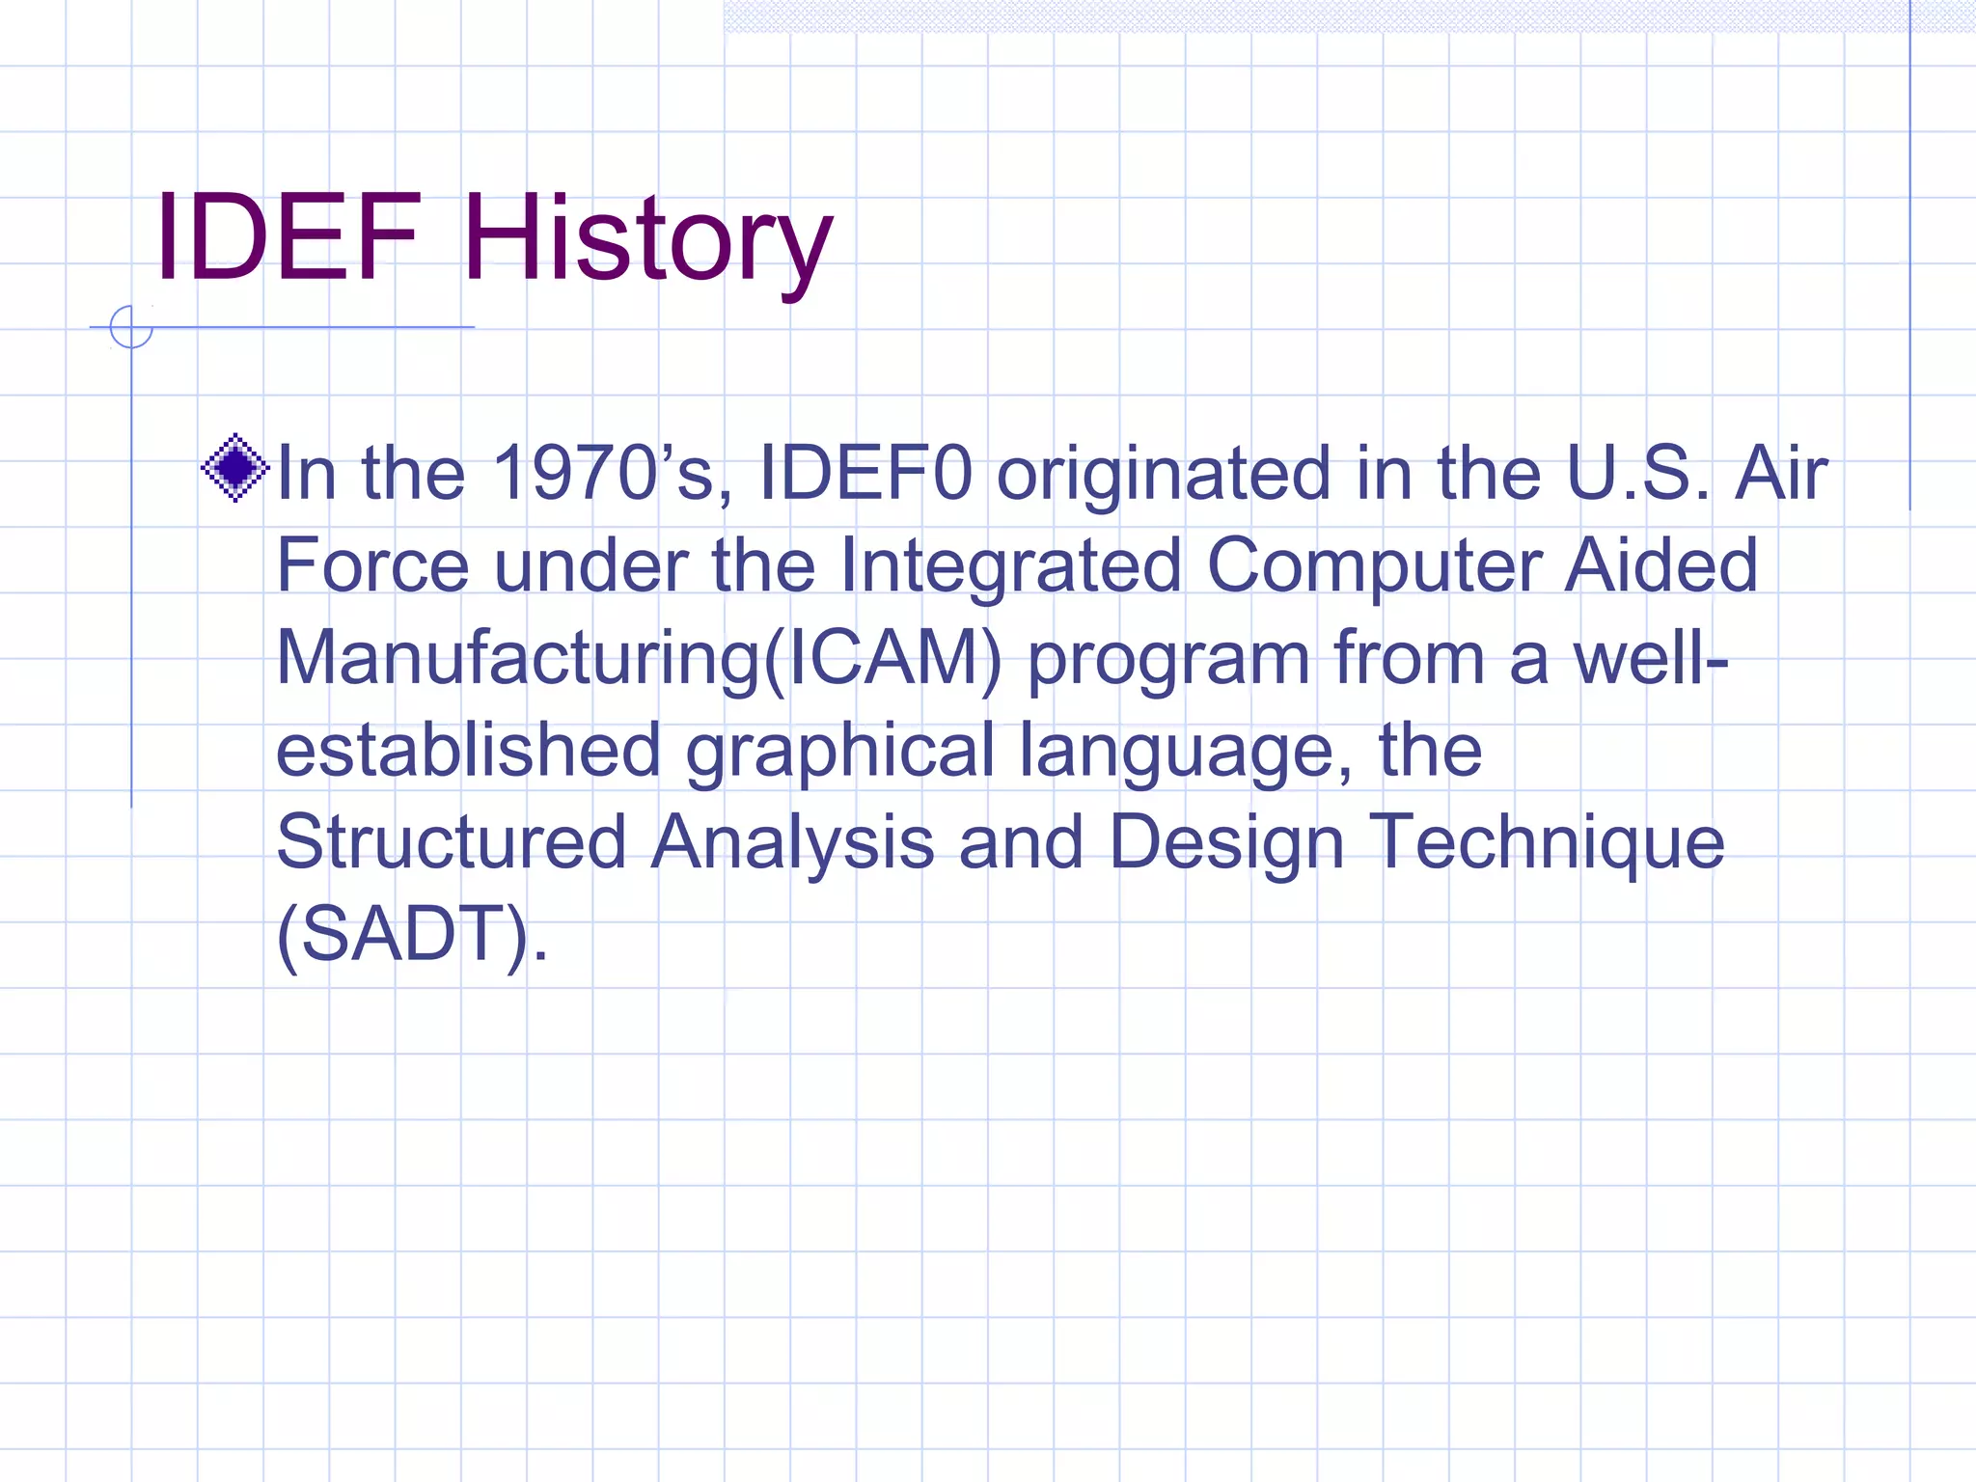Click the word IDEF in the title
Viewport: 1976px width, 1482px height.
pyautogui.click(x=288, y=237)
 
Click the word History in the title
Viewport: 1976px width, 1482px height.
pyautogui.click(x=646, y=241)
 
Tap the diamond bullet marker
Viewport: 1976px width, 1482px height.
pyautogui.click(x=235, y=468)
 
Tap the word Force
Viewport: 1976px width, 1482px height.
pyautogui.click(x=372, y=566)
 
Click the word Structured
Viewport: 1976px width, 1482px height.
pyautogui.click(x=452, y=842)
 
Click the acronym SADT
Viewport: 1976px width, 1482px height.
pyautogui.click(x=403, y=934)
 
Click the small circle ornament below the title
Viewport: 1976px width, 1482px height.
pyautogui.click(x=131, y=327)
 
